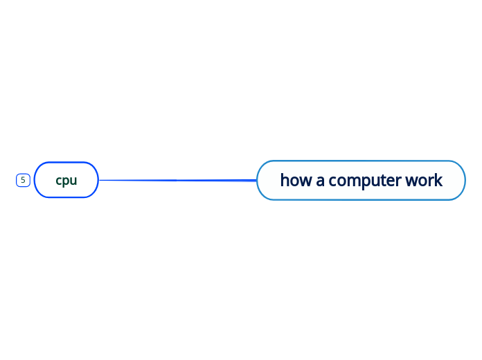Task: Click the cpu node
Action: [x=66, y=180]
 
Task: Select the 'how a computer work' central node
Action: [x=361, y=180]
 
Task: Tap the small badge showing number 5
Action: [x=23, y=180]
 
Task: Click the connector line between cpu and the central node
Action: [x=177, y=180]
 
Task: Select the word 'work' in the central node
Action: [x=424, y=180]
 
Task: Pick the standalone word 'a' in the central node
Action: [x=321, y=181]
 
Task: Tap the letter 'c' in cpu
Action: [x=59, y=181]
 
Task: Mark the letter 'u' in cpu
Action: [x=73, y=181]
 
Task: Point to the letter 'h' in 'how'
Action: [x=285, y=180]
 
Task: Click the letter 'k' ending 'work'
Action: [x=438, y=180]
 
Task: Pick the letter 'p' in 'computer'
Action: [x=365, y=181]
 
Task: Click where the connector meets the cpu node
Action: [x=99, y=180]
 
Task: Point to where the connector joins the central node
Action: [x=257, y=180]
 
